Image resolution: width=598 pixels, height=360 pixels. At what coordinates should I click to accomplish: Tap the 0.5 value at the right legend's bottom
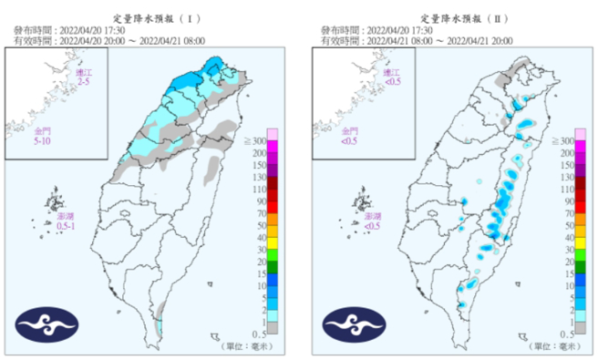pyautogui.click(x=566, y=335)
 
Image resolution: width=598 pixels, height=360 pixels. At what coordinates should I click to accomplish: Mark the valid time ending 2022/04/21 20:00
pyautogui.click(x=455, y=39)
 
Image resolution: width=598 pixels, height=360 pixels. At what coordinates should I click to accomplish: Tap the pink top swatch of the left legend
pyautogui.click(x=272, y=135)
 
